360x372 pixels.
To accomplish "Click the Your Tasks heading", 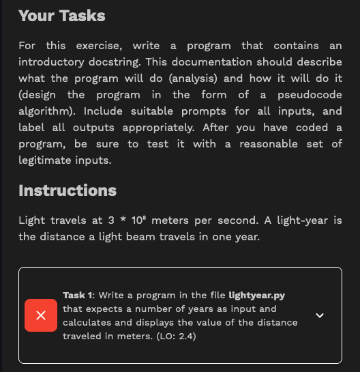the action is coord(62,16).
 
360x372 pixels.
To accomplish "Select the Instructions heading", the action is coord(67,190).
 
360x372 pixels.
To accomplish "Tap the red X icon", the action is coord(41,315).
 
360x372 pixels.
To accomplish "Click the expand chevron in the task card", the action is coord(320,315).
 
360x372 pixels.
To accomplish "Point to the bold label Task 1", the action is coord(78,295).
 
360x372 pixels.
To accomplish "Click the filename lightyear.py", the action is coord(257,295).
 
